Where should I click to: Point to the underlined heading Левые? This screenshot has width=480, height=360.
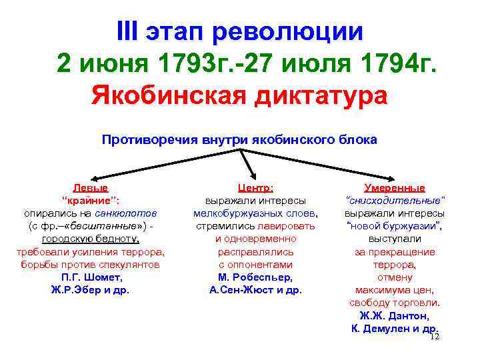tap(91, 189)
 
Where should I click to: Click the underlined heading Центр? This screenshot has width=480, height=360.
tap(256, 189)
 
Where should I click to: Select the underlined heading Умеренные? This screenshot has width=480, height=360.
tap(395, 189)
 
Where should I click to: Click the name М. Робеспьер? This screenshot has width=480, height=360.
tap(255, 277)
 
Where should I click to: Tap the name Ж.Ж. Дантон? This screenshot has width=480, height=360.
tap(394, 316)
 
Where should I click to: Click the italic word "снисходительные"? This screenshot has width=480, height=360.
tap(394, 201)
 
